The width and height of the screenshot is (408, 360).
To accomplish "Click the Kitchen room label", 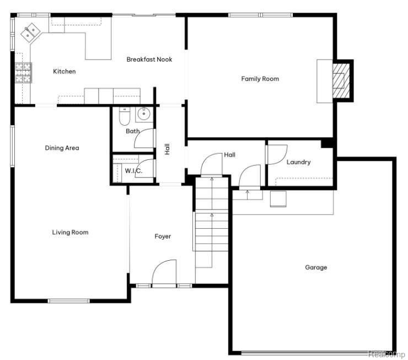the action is [65, 71].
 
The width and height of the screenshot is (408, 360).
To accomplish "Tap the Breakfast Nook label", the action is [149, 60].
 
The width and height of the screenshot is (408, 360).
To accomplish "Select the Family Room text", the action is [260, 79].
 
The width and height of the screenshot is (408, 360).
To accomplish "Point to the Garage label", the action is [316, 267].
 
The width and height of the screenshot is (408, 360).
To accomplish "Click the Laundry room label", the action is [298, 162].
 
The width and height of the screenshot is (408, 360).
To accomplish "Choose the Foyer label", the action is [163, 237].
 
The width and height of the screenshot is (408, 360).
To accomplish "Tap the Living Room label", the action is [70, 232].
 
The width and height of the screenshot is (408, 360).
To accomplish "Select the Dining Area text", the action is [62, 148].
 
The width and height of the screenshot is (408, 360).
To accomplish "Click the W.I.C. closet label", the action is [133, 171].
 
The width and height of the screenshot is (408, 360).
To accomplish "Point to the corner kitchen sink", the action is [30, 33].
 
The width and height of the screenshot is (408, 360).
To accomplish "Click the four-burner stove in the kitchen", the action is [23, 73].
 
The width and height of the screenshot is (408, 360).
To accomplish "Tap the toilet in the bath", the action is [125, 116].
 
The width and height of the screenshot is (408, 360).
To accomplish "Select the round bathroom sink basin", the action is [144, 114].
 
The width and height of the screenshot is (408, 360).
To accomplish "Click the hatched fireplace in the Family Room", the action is [341, 80].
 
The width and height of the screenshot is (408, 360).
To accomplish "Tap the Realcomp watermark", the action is [386, 354].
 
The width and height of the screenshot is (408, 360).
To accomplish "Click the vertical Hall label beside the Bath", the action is [167, 149].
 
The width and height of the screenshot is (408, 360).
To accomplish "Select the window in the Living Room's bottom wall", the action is [69, 301].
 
